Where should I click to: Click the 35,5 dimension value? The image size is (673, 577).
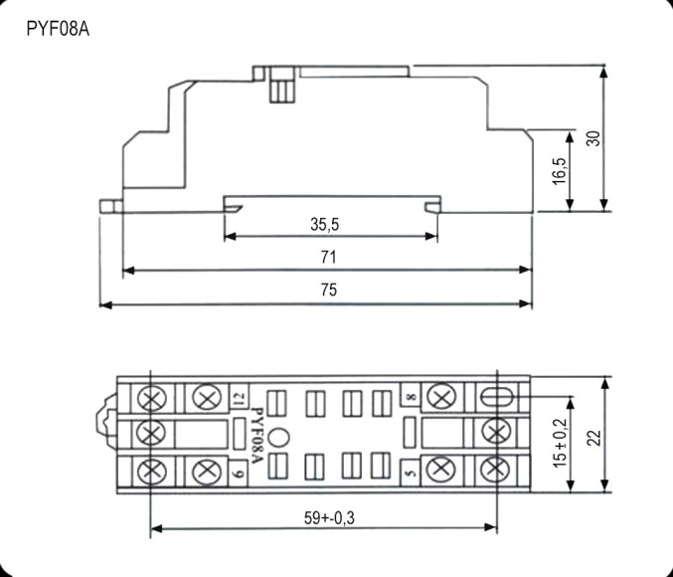tap(325, 226)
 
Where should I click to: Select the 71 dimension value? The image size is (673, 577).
tap(328, 257)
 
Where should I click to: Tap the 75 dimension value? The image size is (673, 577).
tap(328, 290)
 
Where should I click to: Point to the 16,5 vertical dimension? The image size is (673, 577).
tap(560, 170)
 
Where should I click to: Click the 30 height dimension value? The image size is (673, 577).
tap(593, 137)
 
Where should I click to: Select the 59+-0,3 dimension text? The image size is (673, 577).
tap(323, 518)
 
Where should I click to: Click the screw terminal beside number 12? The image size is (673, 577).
tap(206, 398)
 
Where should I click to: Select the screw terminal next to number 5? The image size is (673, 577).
tap(438, 470)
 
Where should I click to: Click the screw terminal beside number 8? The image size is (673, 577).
tap(438, 398)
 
